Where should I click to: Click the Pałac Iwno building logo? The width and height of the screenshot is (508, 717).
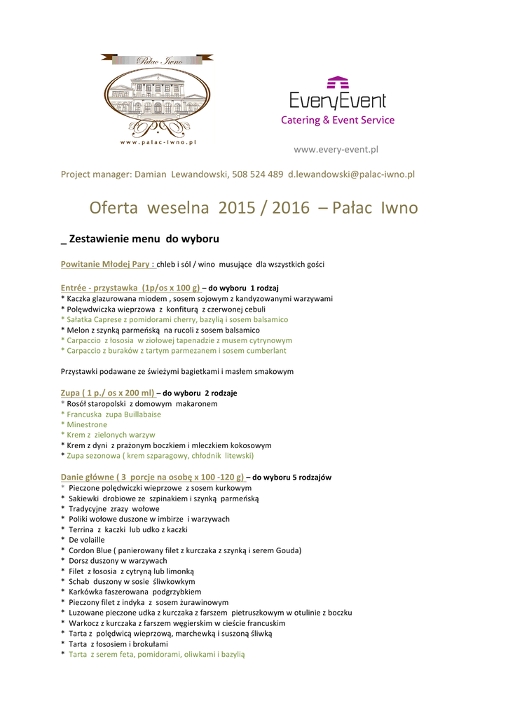click(156, 97)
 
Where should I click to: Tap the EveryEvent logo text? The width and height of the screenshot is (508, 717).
click(338, 100)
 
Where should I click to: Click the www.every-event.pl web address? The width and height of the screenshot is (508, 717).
click(336, 149)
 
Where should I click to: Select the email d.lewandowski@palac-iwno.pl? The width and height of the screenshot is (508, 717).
click(351, 174)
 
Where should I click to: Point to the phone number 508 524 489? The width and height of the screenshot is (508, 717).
click(257, 174)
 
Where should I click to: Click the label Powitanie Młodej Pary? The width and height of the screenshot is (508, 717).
click(107, 265)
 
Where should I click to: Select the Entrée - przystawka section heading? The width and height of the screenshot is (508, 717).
click(130, 288)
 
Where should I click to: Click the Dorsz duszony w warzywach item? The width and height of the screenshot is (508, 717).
click(118, 561)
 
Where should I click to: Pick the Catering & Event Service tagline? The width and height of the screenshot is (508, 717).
click(338, 120)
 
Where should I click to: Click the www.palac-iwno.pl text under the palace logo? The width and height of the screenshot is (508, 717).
click(158, 142)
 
